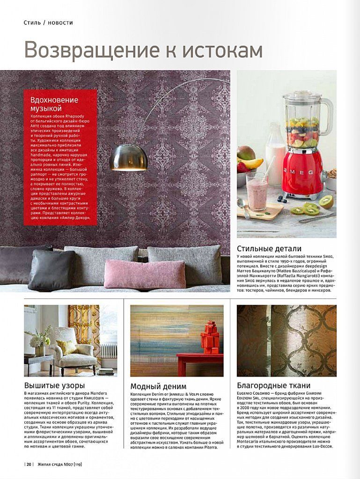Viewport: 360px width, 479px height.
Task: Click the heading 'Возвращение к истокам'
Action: [143, 50]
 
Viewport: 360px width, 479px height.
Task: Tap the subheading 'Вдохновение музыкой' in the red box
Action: [54, 104]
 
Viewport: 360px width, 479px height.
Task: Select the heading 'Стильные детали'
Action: [269, 248]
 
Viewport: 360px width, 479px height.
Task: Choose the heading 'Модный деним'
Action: [158, 386]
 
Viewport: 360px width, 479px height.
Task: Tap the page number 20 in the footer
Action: [29, 464]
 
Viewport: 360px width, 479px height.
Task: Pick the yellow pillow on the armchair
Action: [66, 347]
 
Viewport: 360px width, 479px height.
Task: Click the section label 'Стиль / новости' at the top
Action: [48, 22]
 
